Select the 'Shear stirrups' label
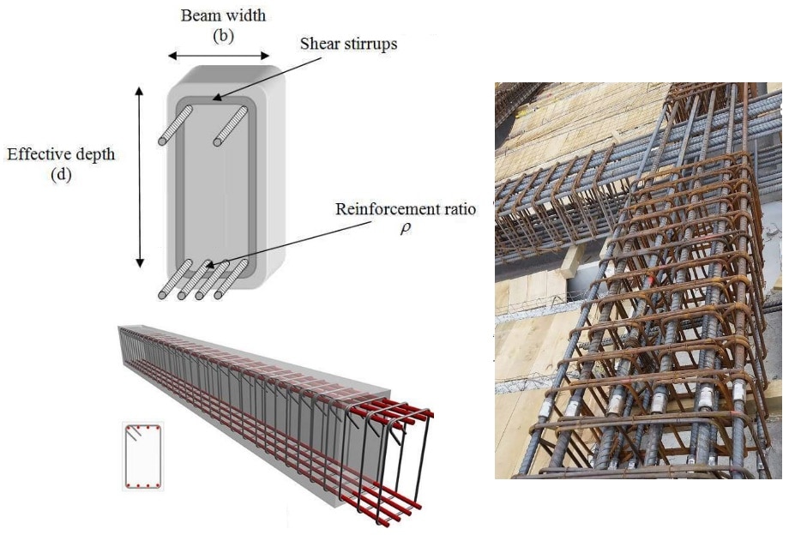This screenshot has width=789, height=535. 349,43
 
